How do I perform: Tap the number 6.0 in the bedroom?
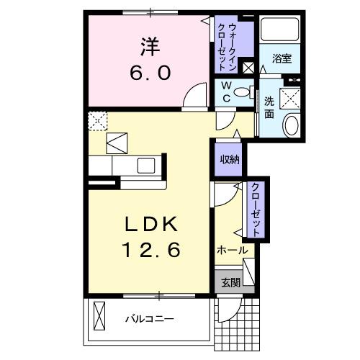149,73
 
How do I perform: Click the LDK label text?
153,224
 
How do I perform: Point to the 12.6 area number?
153,251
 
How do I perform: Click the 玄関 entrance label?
231,282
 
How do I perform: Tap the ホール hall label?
232,251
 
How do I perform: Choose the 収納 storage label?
229,159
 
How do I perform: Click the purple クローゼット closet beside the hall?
256,209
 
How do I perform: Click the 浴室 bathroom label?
282,58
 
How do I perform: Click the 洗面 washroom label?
269,107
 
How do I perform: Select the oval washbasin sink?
292,125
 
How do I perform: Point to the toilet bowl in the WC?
247,91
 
